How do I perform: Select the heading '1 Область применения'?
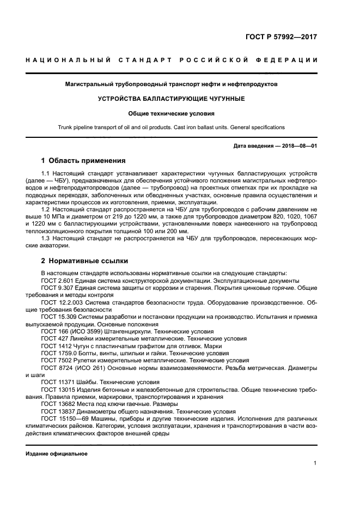(x=83, y=161)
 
